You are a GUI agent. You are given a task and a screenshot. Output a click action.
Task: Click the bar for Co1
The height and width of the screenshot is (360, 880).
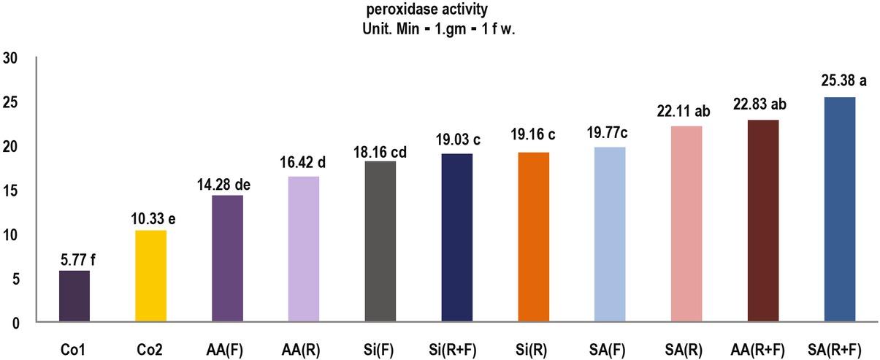(x=74, y=296)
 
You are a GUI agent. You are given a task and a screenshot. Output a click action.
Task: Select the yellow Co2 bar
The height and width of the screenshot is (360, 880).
(x=150, y=276)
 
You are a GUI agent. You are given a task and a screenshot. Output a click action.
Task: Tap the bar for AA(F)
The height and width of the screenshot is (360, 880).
(x=227, y=258)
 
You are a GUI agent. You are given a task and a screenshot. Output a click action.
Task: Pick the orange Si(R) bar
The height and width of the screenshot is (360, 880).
(x=534, y=237)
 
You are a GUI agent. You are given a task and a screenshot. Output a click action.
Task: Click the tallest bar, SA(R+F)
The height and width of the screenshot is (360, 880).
(x=840, y=210)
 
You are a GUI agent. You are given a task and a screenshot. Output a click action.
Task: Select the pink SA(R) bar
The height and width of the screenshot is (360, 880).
(x=686, y=223)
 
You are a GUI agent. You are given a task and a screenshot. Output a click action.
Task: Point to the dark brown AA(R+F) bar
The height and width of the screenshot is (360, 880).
(x=763, y=221)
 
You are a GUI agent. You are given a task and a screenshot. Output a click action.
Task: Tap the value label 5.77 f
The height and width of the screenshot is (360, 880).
(x=74, y=257)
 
